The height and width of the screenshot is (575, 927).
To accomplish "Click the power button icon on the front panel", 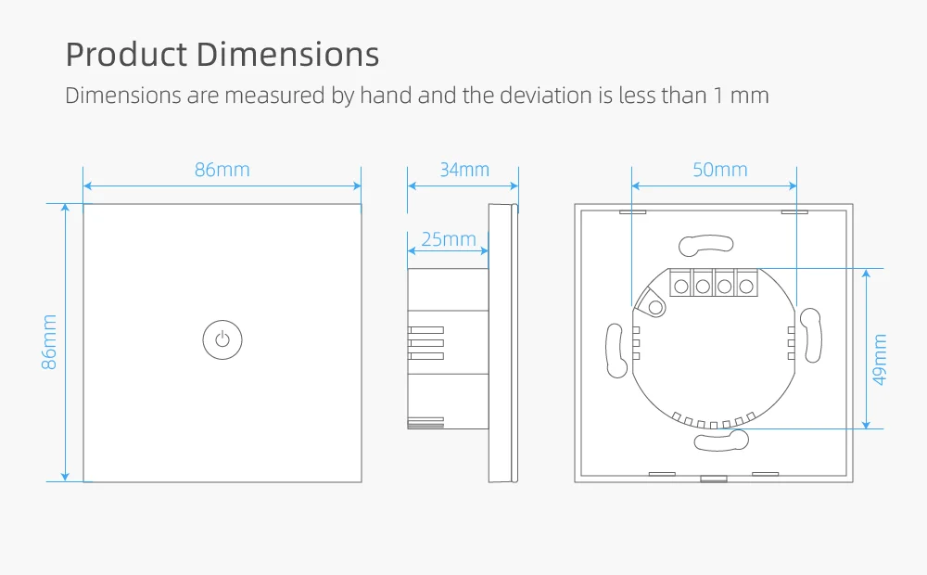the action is tap(222, 339).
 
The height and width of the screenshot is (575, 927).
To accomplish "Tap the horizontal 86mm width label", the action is tap(222, 170).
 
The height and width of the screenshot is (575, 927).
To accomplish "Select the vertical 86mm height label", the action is tap(50, 342).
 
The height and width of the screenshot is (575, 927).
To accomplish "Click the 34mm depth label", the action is tap(463, 170).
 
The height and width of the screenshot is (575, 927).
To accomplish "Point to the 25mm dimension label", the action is tap(448, 239).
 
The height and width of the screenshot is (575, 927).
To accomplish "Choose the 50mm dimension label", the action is tap(719, 170).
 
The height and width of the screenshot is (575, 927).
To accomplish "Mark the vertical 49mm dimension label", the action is tap(880, 360).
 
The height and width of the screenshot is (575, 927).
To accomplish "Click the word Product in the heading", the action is tap(126, 55).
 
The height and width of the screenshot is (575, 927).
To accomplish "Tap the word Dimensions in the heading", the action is tap(288, 55).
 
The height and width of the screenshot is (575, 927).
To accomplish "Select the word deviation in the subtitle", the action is tap(547, 95).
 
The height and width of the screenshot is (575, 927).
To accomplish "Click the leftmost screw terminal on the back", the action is tap(680, 286).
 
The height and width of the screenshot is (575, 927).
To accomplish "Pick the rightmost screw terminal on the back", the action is tap(745, 286).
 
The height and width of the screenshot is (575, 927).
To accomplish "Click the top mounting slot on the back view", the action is tap(706, 245).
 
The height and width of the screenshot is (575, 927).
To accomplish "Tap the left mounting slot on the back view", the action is tap(615, 350).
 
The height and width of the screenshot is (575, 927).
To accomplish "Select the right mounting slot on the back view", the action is tap(812, 337).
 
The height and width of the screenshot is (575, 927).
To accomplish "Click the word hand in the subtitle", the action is tap(385, 95).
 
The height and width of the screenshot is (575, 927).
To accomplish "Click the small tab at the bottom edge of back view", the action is tap(713, 479).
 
